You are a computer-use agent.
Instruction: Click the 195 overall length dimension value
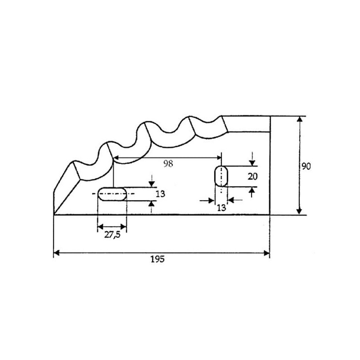(157, 259)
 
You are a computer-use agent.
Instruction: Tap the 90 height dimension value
(306, 166)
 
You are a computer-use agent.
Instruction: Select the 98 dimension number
(168, 164)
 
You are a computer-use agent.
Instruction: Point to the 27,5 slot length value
(112, 235)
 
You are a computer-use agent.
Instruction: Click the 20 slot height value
(252, 176)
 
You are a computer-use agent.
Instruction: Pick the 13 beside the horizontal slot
(160, 194)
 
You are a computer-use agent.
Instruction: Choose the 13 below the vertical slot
(221, 208)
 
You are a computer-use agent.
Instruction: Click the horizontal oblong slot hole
(112, 194)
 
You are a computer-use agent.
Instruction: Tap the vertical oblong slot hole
(221, 176)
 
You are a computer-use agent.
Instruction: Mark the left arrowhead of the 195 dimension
(57, 253)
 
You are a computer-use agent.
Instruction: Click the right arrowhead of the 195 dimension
(267, 253)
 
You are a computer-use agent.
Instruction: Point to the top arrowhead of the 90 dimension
(299, 119)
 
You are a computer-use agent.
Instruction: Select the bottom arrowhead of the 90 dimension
(299, 211)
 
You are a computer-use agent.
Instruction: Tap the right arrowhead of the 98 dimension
(219, 157)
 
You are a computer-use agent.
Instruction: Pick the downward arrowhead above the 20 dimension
(252, 163)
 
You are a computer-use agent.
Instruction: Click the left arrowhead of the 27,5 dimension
(100, 227)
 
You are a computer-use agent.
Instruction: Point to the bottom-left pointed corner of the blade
(54, 215)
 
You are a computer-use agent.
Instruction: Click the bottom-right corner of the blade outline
(270, 215)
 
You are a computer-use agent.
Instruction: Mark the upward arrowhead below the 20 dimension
(252, 190)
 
